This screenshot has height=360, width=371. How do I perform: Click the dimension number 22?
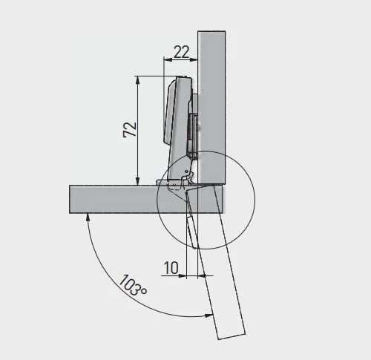(182, 52)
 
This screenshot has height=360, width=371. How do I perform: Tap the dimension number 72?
(130, 129)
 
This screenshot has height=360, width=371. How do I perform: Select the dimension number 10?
(171, 268)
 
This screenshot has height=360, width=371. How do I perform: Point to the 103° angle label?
(133, 285)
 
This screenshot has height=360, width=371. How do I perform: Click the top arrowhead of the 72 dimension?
(138, 80)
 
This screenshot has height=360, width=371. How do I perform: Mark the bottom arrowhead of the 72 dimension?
(138, 181)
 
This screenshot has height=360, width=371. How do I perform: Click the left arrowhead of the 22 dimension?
(168, 59)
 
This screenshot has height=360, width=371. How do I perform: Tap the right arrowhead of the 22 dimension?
(194, 59)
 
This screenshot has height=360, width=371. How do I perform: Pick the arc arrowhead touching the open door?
(209, 315)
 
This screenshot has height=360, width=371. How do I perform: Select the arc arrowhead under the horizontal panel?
(88, 217)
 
